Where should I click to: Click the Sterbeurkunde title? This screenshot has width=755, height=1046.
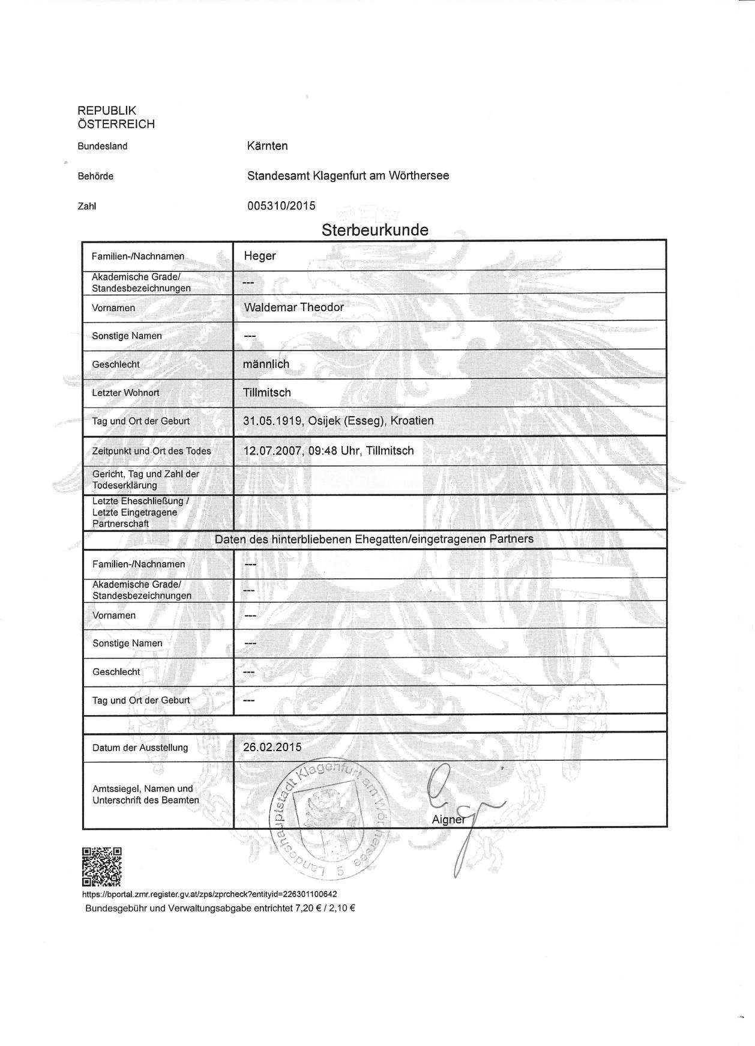[374, 230]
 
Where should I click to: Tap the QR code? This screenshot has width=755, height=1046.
[101, 866]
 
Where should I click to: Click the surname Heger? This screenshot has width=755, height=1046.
[259, 256]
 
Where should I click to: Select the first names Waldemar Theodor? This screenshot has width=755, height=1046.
[293, 307]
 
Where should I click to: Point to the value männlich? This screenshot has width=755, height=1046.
[266, 364]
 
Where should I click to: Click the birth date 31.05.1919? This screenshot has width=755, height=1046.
[272, 421]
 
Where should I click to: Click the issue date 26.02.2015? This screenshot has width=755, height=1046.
[272, 748]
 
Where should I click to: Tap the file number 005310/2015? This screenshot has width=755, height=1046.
[281, 205]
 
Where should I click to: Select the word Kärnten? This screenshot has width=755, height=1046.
[267, 146]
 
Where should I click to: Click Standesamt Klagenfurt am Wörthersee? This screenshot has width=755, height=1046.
[347, 176]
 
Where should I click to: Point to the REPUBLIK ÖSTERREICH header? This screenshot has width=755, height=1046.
[116, 117]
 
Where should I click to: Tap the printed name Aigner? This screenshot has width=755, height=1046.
[448, 820]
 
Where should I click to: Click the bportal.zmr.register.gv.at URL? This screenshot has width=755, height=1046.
[209, 894]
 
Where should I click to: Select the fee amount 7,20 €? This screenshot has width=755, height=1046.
[308, 908]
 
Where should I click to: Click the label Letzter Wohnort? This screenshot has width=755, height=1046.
[125, 393]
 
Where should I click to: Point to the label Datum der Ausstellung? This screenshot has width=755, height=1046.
[140, 748]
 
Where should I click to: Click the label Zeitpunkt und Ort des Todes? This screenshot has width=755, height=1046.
[151, 451]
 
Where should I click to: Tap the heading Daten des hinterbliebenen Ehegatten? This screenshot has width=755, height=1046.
[374, 539]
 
